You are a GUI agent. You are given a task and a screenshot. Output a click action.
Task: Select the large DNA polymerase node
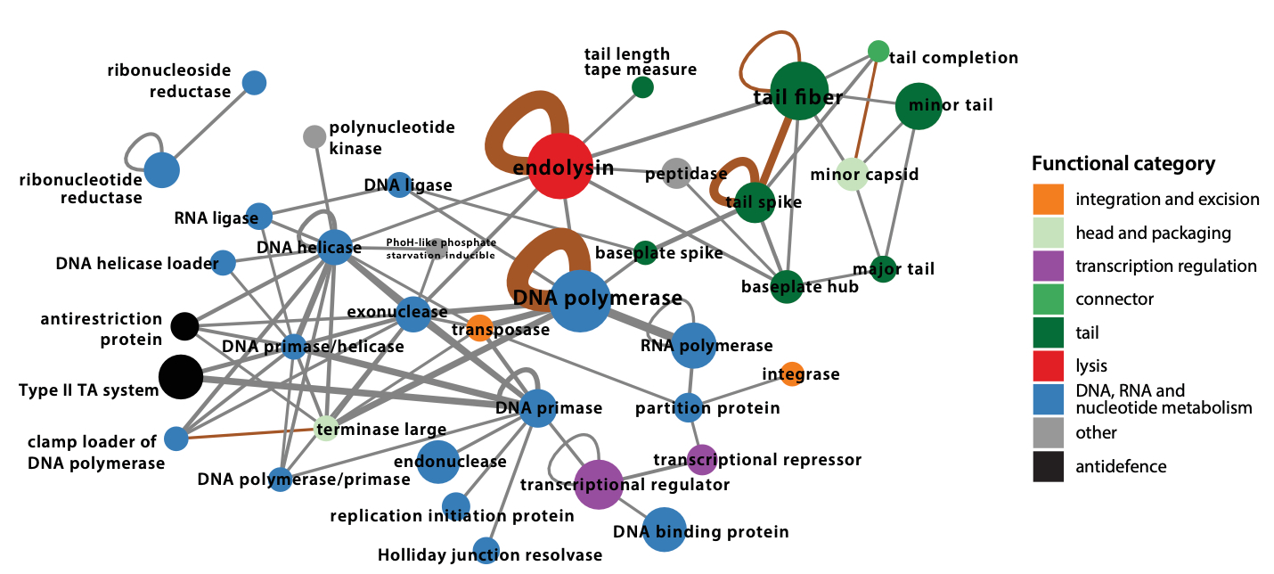point(581,300)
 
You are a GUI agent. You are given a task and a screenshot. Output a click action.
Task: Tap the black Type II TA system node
point(181,376)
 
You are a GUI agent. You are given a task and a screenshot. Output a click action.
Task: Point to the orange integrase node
point(792,374)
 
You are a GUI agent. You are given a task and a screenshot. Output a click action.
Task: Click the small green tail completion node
point(878,52)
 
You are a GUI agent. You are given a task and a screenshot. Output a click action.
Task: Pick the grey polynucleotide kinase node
point(314,136)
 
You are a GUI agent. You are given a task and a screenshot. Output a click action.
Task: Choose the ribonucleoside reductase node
point(254,83)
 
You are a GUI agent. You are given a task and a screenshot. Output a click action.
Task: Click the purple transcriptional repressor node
point(702,459)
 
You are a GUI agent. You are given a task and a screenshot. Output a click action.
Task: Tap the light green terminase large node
point(327,429)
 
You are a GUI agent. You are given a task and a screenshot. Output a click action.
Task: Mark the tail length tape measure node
point(642,87)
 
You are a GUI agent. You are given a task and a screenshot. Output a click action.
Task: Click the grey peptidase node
point(677,173)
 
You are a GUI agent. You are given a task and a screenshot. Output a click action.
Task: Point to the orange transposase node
point(478,328)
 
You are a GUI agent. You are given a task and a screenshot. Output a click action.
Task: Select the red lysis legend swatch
point(1048,366)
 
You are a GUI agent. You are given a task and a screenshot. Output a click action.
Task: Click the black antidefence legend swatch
point(1048,467)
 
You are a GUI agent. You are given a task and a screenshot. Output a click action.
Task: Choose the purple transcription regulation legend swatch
point(1048,266)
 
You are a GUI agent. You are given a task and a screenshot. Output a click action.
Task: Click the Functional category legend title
point(1123,164)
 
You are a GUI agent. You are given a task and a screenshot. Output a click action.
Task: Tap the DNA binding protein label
point(700,533)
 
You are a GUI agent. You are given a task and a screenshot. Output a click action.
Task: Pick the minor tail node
point(918,107)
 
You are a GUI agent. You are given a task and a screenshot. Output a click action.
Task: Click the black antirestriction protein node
point(184,326)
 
